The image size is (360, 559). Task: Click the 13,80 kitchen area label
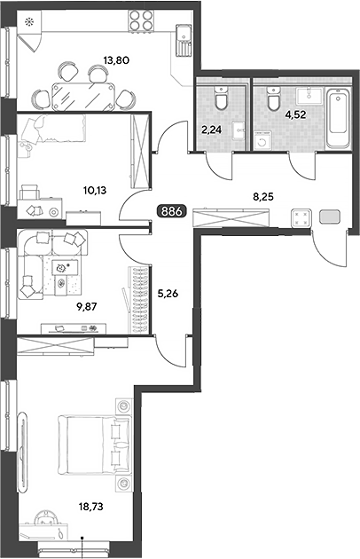point(116,60)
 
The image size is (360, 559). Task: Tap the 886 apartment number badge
point(172,211)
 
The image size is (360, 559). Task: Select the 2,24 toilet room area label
point(211,130)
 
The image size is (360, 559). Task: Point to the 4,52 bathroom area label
point(296,114)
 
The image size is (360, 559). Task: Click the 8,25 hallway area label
point(263,196)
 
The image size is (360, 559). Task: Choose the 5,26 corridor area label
point(168,294)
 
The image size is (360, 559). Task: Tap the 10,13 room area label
point(95,191)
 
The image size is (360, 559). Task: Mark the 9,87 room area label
point(87,306)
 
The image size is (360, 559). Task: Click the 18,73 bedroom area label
point(91,507)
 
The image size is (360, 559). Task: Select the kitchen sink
point(184,39)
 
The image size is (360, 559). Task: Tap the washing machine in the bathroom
point(262,141)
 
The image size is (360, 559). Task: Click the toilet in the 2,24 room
point(221,98)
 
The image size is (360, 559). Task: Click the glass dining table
point(83,96)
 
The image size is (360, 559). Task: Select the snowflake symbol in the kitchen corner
point(28,22)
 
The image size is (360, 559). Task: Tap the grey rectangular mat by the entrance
point(330,217)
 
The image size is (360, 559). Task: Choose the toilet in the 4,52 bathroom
point(273,98)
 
